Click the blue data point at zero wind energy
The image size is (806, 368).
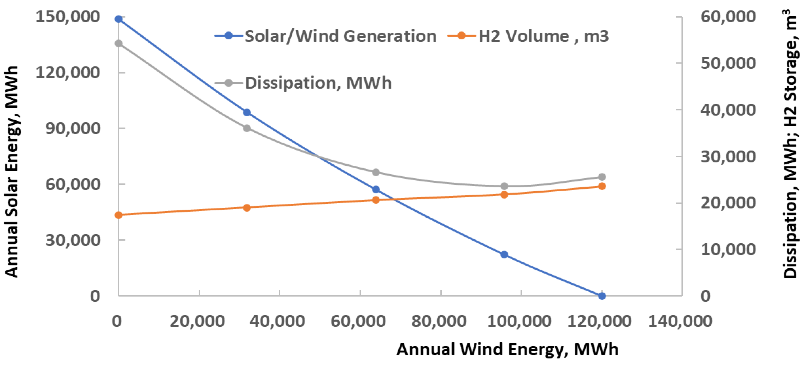pos(118,19)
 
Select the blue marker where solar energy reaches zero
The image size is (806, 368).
pos(602,296)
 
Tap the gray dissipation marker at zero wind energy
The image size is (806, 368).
pos(118,43)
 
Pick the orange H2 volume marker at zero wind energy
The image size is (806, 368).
pos(118,215)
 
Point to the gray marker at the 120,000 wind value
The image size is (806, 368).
pos(602,177)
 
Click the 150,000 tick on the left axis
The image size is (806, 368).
pos(67,16)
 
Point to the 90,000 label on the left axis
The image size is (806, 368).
pos(73,128)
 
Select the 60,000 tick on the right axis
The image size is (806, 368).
pos(728,16)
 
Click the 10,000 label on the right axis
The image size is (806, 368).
pos(728,250)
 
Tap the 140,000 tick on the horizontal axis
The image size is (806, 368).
pos(680,321)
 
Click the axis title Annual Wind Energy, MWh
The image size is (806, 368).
pos(507,349)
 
